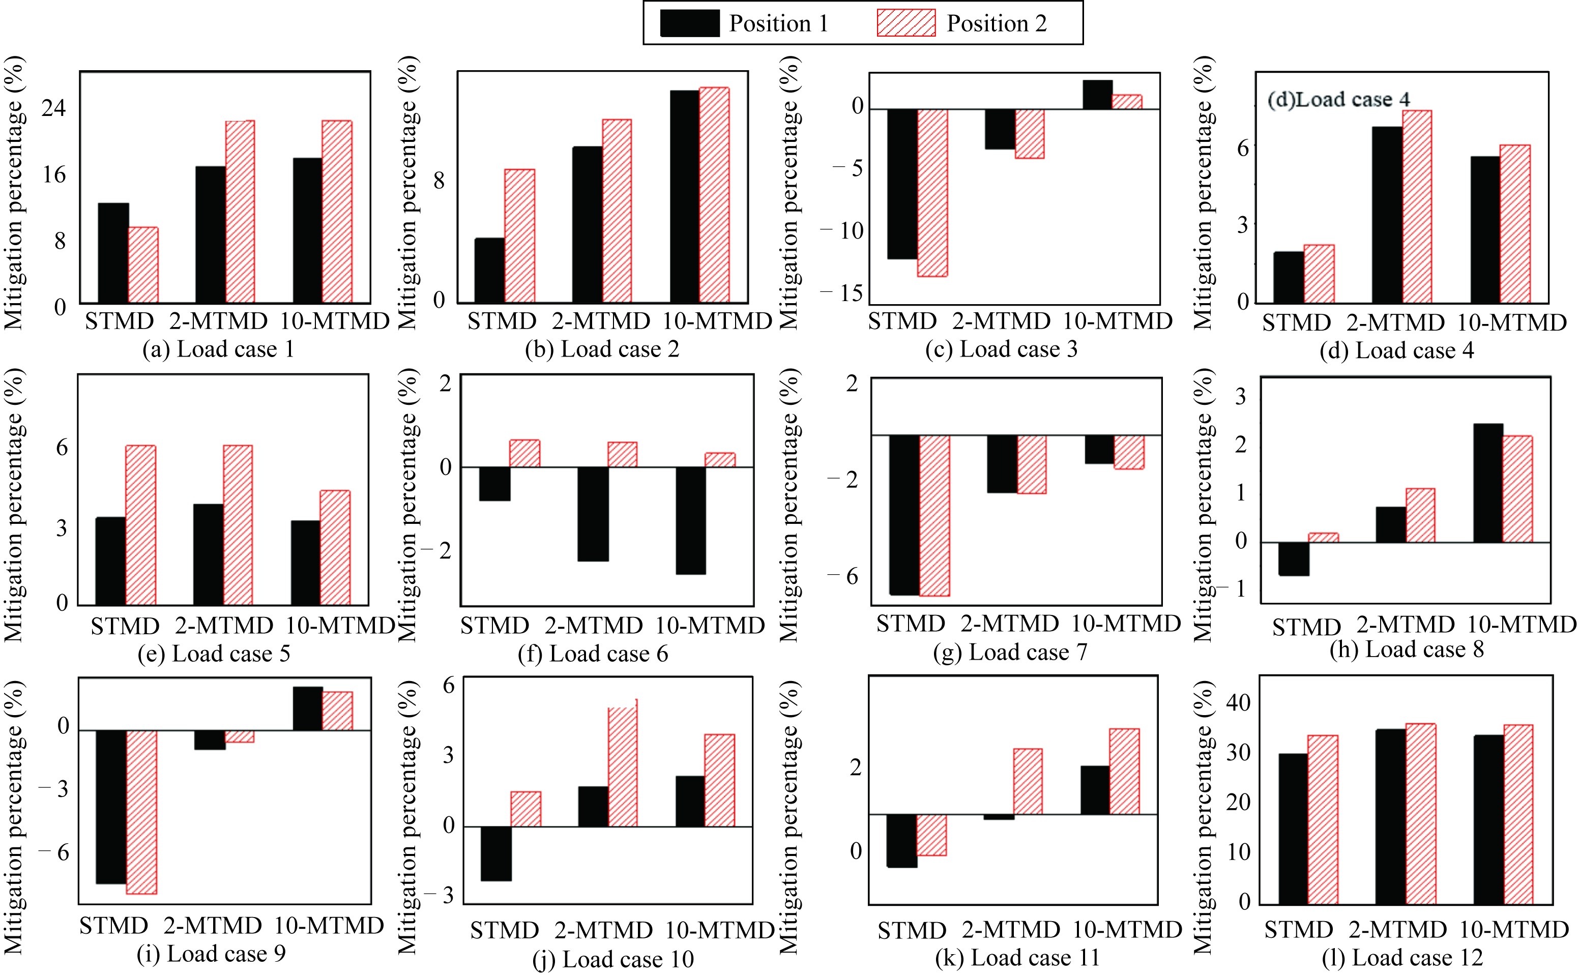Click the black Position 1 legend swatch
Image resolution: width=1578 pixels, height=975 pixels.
click(x=689, y=23)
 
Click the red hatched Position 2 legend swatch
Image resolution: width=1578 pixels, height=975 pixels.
click(x=905, y=23)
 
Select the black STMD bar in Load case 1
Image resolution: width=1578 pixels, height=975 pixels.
click(x=113, y=253)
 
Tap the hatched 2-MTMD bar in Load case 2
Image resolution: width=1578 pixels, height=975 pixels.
click(x=617, y=211)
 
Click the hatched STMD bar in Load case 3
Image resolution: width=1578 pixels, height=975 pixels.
click(x=932, y=192)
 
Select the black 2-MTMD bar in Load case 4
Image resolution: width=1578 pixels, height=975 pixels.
click(x=1387, y=215)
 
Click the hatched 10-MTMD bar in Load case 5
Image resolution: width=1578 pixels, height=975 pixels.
click(x=335, y=547)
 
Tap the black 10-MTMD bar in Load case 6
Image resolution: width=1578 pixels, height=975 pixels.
click(x=691, y=520)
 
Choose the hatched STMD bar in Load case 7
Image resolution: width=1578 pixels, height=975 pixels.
click(x=934, y=515)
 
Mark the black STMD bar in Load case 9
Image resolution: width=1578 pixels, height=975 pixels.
click(x=111, y=807)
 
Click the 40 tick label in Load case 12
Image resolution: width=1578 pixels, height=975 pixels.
click(x=1238, y=703)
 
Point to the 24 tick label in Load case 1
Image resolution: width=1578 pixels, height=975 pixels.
click(x=53, y=108)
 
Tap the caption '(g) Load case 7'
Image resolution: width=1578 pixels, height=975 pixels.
click(x=1010, y=653)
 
